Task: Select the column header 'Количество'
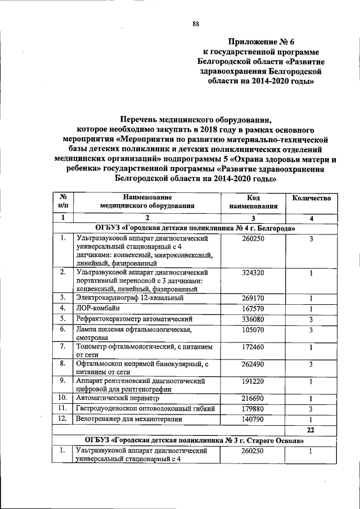coord(310,199)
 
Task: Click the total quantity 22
coord(310,430)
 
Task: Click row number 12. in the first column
coord(63,419)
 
